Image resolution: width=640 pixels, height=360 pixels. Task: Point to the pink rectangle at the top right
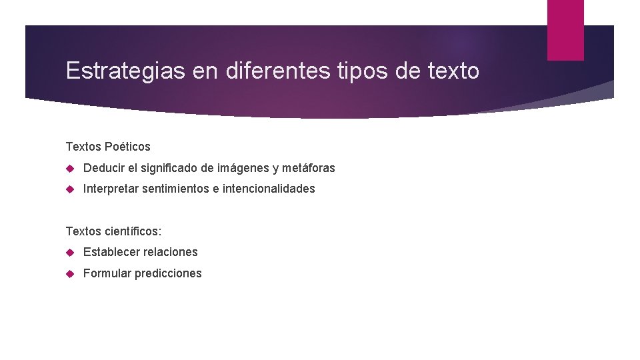pos(565,30)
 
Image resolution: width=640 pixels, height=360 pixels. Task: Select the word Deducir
pos(104,168)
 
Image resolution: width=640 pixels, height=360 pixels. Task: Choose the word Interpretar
pos(109,189)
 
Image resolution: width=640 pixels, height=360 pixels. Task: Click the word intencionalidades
pos(269,189)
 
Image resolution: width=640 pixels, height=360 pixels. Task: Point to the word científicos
pos(133,231)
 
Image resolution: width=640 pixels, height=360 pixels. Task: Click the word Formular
pos(107,273)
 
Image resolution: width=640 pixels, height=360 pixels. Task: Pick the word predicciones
pos(168,273)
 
